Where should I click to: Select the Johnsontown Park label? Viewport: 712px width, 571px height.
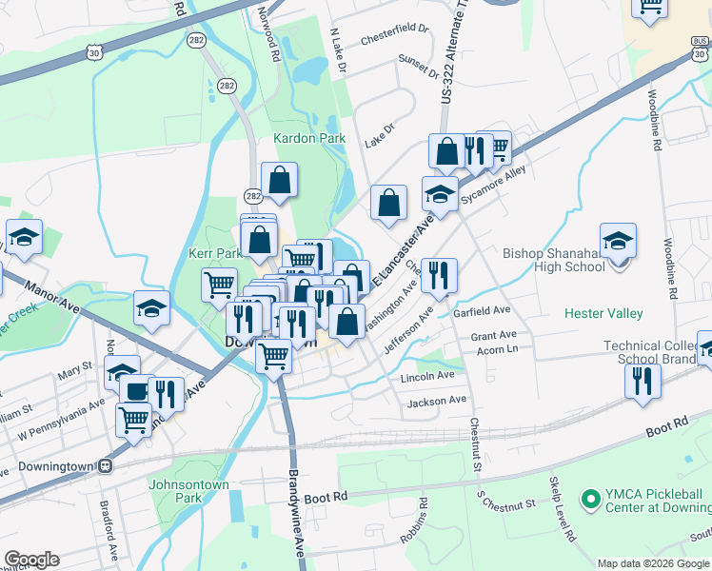click(x=189, y=490)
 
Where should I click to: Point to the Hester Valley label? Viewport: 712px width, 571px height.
click(x=603, y=313)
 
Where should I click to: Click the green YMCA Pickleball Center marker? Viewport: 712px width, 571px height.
click(x=590, y=497)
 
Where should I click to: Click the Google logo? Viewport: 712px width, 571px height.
click(x=31, y=560)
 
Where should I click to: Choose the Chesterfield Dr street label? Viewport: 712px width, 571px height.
click(x=394, y=40)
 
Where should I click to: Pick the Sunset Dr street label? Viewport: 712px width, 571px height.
click(x=419, y=67)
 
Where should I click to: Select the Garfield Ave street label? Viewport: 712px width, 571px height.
click(x=483, y=310)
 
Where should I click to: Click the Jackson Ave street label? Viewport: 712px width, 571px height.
click(x=437, y=402)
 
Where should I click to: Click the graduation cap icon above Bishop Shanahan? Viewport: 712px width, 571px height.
click(x=618, y=242)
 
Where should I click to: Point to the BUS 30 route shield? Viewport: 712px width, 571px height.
click(x=701, y=47)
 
